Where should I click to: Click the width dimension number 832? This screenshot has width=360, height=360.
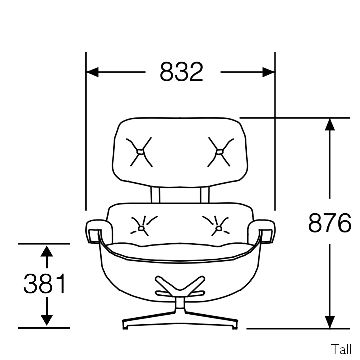(181, 72)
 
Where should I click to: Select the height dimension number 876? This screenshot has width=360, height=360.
(329, 223)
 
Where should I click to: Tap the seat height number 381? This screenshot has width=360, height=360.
(45, 283)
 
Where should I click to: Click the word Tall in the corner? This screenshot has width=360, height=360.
(341, 349)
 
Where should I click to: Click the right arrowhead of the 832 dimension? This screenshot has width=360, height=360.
(268, 72)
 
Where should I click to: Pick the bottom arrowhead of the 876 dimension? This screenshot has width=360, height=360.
(330, 322)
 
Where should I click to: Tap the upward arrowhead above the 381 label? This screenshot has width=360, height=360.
(46, 251)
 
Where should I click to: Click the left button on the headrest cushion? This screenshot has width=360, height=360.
(139, 152)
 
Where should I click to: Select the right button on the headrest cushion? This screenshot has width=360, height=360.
(219, 152)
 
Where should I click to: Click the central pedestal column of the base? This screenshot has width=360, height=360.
(180, 304)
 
